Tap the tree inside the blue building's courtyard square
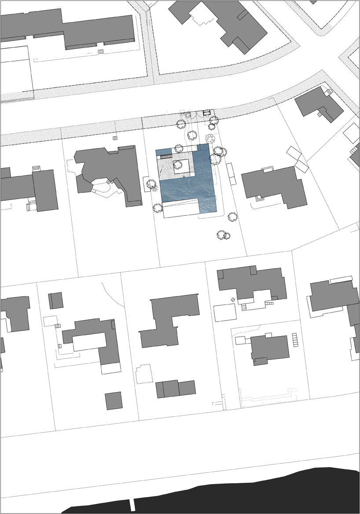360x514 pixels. point(178,165)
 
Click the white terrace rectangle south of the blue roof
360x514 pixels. point(180,208)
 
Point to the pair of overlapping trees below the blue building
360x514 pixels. point(224,235)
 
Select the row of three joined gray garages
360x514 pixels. point(175,388)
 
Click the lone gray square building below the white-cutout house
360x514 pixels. point(114,400)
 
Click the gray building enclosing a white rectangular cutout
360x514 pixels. point(106,344)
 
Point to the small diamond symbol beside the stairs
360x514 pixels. point(233,300)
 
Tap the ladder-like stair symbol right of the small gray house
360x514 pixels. point(295,340)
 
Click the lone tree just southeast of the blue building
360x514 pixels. point(232,216)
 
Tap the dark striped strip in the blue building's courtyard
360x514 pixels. point(166,155)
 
